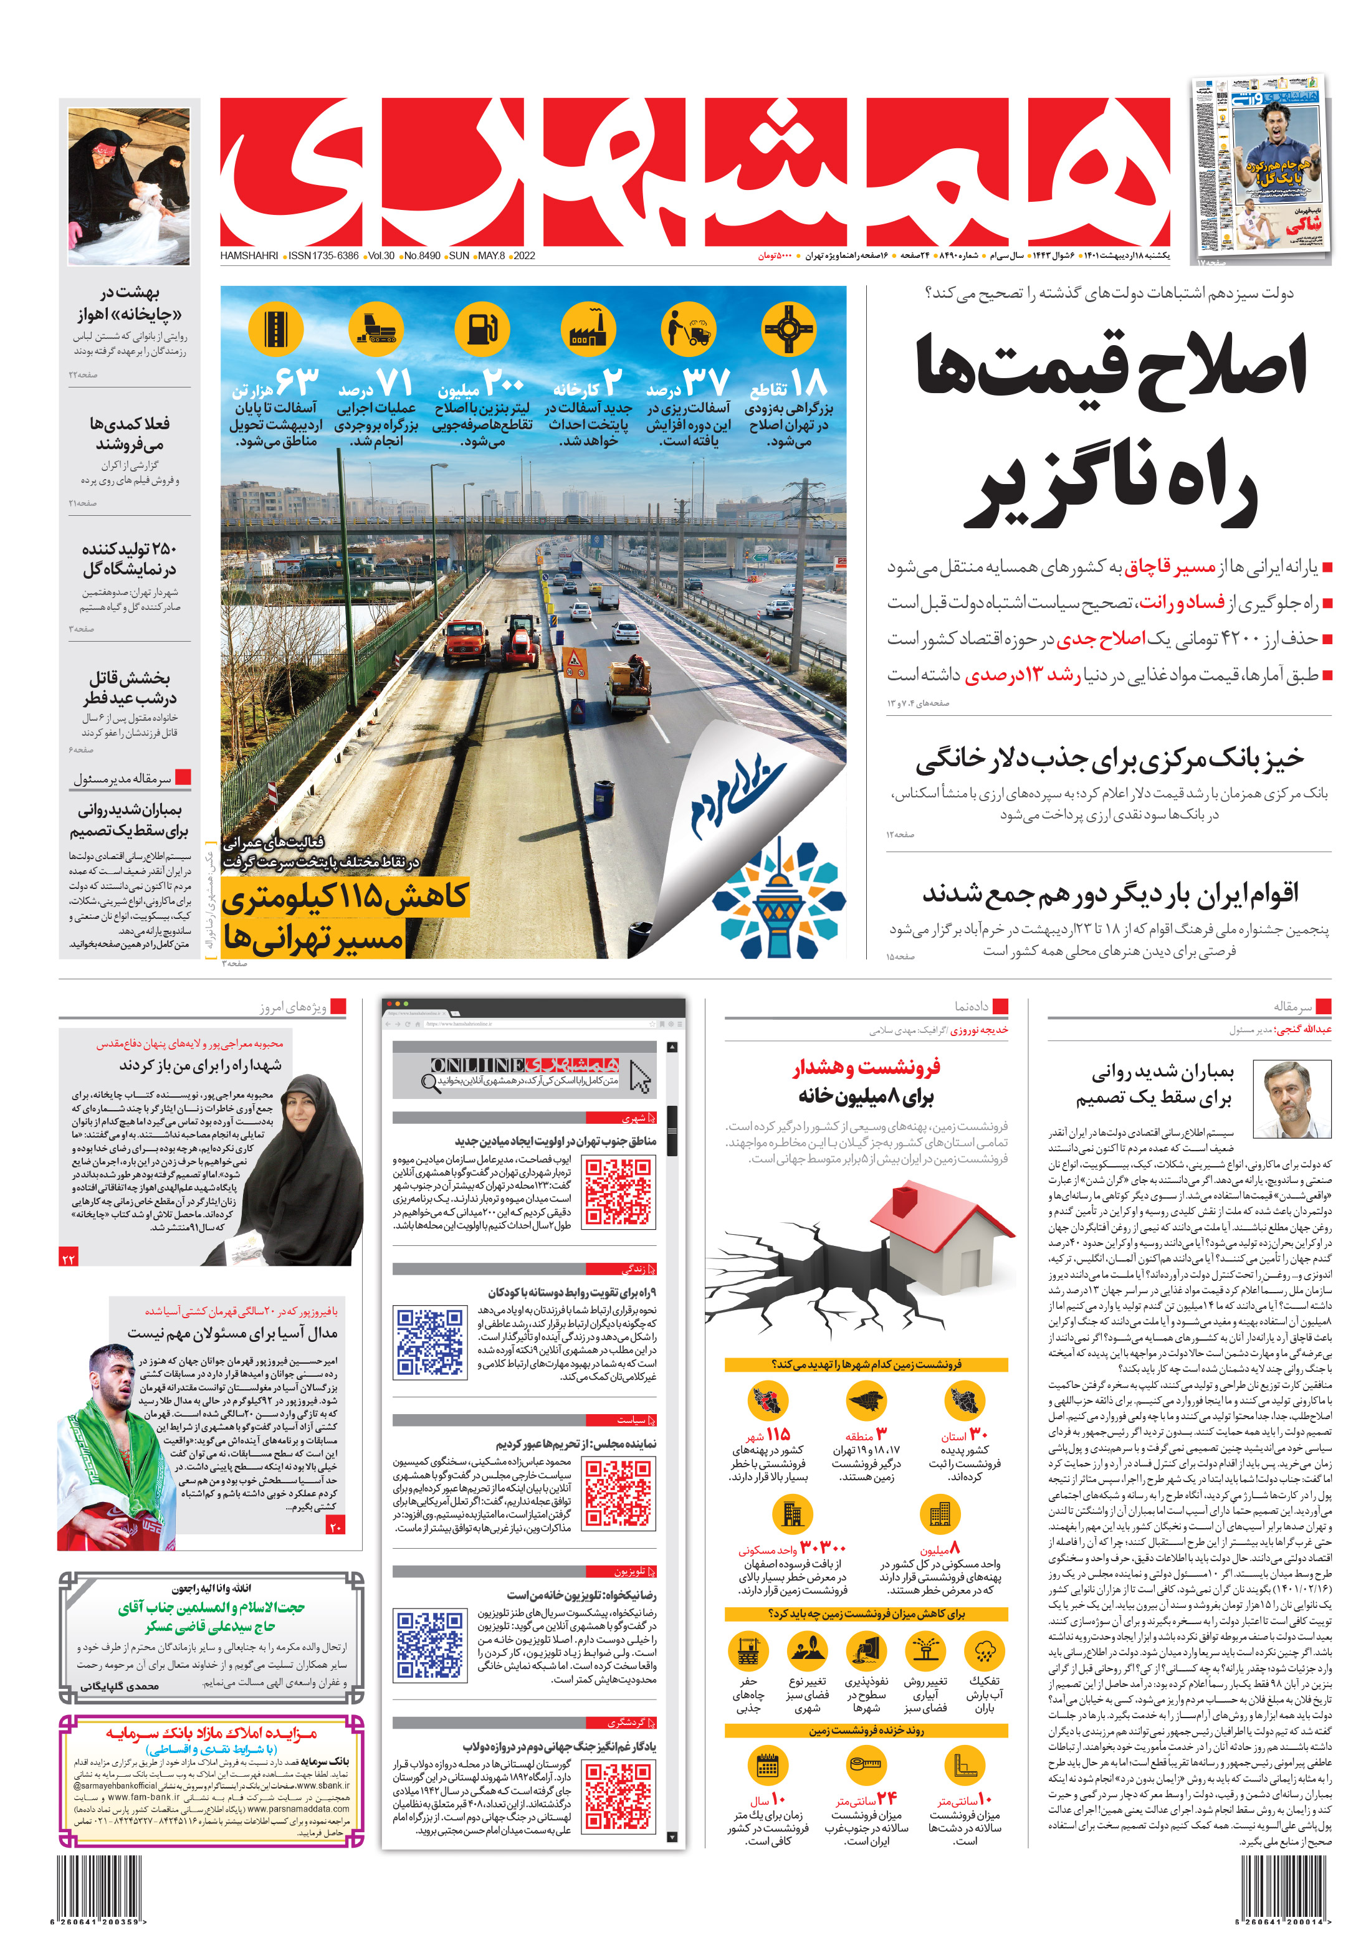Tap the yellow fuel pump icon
482,328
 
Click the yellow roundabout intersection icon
788,328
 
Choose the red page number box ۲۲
69,1258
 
